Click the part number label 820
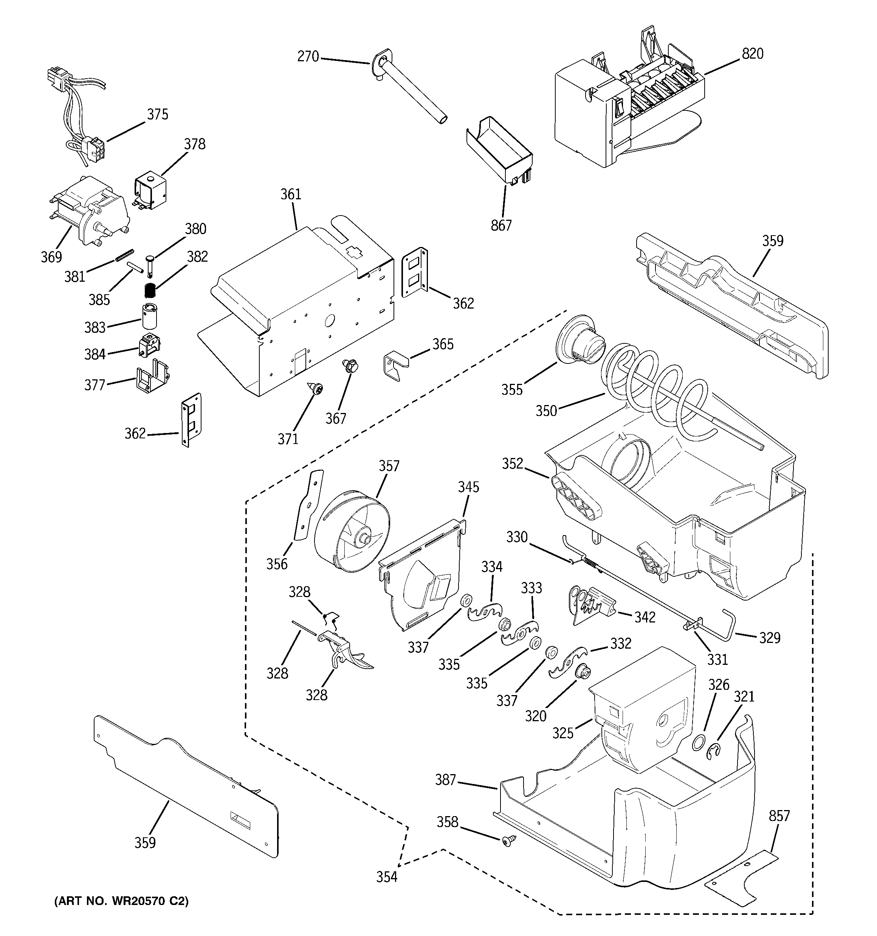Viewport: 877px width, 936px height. [x=752, y=54]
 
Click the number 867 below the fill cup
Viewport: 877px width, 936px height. [x=501, y=225]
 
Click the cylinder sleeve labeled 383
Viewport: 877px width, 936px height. [x=150, y=317]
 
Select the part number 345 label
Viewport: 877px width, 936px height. [x=468, y=487]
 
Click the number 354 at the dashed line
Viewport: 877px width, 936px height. [x=386, y=877]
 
